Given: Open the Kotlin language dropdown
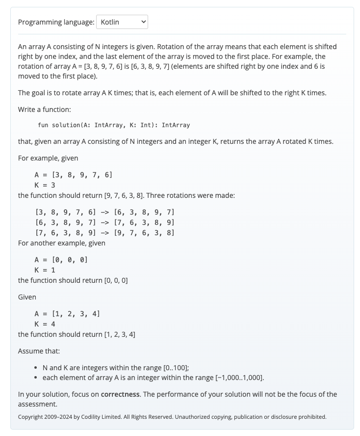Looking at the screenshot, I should [122, 22].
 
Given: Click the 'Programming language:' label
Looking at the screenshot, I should [56, 22].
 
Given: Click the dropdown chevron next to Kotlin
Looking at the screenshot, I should [143, 22].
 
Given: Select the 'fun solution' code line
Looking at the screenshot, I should [113, 125].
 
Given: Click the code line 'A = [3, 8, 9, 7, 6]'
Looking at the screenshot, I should [73, 175].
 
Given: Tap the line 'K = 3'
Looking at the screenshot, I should [45, 185].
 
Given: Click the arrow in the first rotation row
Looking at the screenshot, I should [104, 212].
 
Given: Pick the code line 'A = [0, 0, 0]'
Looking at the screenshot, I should [61, 260].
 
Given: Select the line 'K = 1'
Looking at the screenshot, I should [45, 270].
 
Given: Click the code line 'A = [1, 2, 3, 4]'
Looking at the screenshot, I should [67, 314].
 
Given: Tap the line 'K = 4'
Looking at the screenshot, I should [45, 324].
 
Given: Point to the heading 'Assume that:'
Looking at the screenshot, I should [39, 351].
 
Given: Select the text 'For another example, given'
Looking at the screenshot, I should [61, 243].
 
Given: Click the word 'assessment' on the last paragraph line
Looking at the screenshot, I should [37, 404].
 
